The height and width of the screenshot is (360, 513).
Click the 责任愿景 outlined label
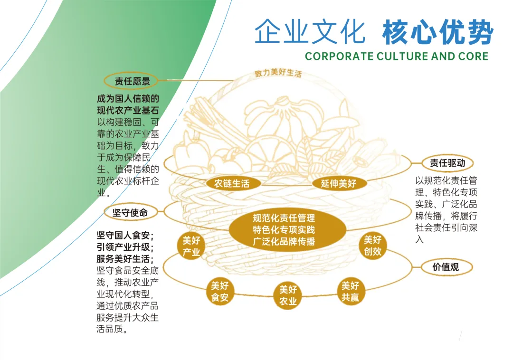point(132,81)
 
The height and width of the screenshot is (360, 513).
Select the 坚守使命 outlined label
point(130,213)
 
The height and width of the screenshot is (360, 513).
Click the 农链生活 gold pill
point(232,183)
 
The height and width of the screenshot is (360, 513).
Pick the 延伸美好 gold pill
point(338,183)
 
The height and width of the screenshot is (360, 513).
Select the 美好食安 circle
point(220,292)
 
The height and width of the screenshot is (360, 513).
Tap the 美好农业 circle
point(288,295)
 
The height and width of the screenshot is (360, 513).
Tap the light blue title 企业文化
point(310,32)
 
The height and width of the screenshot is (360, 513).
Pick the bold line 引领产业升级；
point(125,247)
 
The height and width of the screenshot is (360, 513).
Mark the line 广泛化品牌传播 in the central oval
point(284,241)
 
